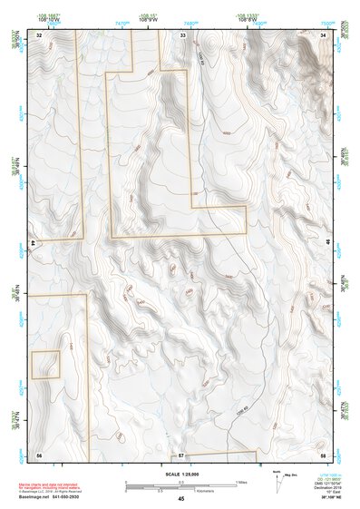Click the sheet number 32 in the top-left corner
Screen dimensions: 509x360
(39, 34)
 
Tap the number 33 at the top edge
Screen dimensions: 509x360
(182, 34)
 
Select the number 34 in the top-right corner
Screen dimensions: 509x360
(324, 34)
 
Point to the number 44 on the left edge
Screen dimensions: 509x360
(34, 243)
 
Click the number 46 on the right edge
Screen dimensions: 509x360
(327, 243)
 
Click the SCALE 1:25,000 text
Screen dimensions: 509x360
(180, 475)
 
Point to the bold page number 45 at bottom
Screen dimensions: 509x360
(180, 499)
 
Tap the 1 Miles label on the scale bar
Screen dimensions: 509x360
(241, 481)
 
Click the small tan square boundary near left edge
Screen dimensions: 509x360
(45, 365)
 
